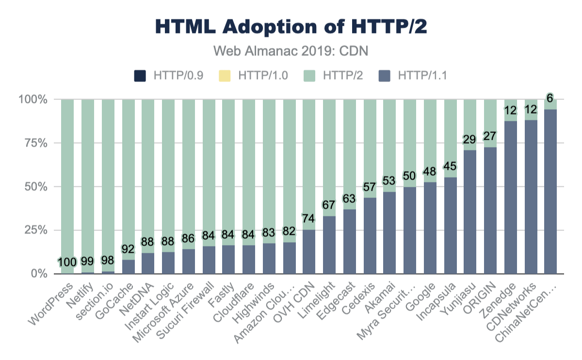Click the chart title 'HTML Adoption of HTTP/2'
[x=291, y=27]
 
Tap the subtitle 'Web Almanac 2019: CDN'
[x=291, y=50]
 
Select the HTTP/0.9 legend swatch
[x=140, y=76]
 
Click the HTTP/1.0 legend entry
[x=257, y=76]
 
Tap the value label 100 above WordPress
[x=67, y=262]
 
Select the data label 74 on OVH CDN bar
[x=308, y=218]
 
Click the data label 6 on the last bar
[x=550, y=98]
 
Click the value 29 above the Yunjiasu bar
[x=469, y=139]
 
